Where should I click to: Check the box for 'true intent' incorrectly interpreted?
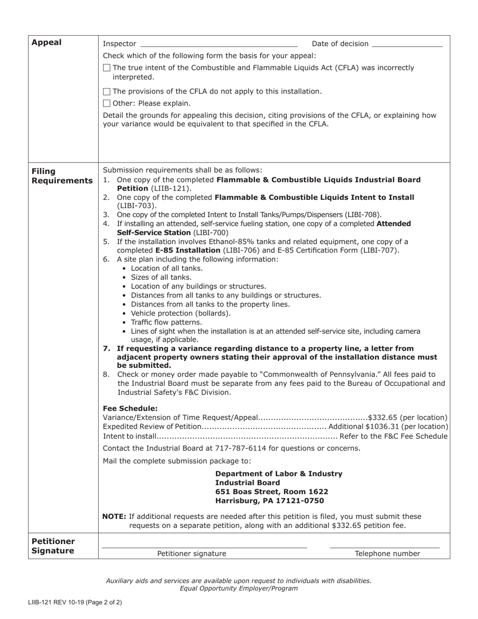click(106, 68)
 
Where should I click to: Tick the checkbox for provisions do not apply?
click(106, 92)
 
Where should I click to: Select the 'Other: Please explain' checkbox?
click(106, 104)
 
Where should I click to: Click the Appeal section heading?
click(46, 42)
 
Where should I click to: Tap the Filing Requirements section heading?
click(62, 176)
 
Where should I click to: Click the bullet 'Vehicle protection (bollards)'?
click(181, 313)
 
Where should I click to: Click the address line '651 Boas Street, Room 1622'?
click(272, 492)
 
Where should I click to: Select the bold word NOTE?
click(114, 516)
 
